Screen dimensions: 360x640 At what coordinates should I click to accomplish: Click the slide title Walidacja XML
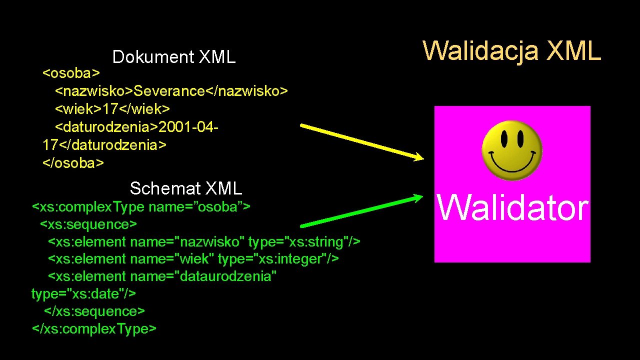tap(512, 50)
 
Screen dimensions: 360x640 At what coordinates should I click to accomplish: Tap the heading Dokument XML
tap(174, 57)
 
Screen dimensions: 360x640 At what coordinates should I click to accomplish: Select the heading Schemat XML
tap(185, 188)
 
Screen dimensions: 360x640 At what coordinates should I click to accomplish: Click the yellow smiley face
tap(512, 149)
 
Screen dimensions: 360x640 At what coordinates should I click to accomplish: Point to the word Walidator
tap(512, 208)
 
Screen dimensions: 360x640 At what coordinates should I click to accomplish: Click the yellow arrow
tap(362, 142)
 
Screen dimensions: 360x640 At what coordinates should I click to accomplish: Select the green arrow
tap(362, 211)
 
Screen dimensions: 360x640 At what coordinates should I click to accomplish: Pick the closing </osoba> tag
tap(73, 163)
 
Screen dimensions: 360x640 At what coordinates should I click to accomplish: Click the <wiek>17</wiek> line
tap(112, 108)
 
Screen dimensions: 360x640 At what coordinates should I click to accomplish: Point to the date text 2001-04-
tap(188, 127)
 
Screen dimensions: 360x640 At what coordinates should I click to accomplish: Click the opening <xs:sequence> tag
tap(88, 224)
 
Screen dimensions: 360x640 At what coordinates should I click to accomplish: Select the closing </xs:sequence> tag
tap(94, 311)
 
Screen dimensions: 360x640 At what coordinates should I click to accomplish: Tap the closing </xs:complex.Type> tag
tap(94, 329)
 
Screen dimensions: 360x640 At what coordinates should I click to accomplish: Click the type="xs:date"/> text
tap(83, 293)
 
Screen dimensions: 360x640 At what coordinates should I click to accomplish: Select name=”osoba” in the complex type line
tap(195, 206)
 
